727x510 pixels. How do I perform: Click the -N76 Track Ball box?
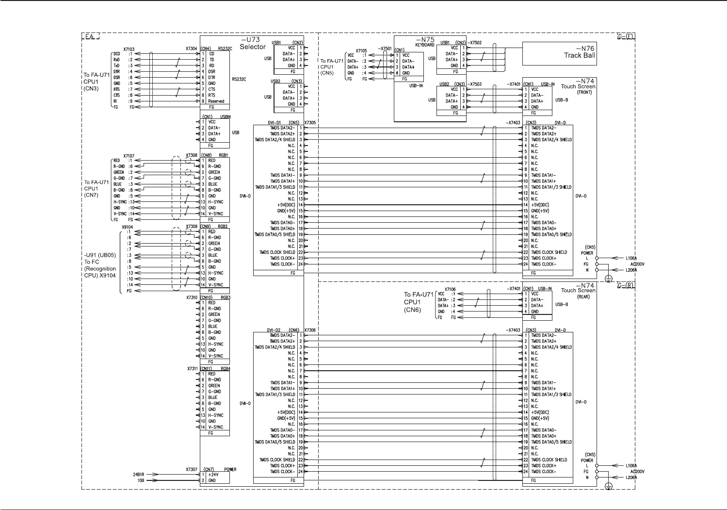click(x=559, y=53)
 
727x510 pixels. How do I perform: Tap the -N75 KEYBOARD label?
click(x=424, y=42)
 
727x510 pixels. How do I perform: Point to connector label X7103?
click(x=129, y=49)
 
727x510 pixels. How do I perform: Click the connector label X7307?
click(x=192, y=469)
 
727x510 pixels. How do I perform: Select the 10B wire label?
click(x=140, y=480)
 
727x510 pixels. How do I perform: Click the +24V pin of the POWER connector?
click(x=213, y=475)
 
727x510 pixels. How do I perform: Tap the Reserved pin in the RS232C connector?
click(x=216, y=101)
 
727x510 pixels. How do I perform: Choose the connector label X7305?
click(x=310, y=123)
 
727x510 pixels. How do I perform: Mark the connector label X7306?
click(x=310, y=330)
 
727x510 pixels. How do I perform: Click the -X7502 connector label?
click(x=474, y=43)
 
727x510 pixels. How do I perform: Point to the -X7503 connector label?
click(x=474, y=84)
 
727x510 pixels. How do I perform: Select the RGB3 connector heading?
click(x=225, y=297)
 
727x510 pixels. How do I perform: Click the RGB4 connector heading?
click(x=225, y=369)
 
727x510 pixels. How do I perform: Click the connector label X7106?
click(x=450, y=289)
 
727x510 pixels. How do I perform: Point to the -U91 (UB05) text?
click(x=100, y=255)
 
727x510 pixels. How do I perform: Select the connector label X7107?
click(x=129, y=156)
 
